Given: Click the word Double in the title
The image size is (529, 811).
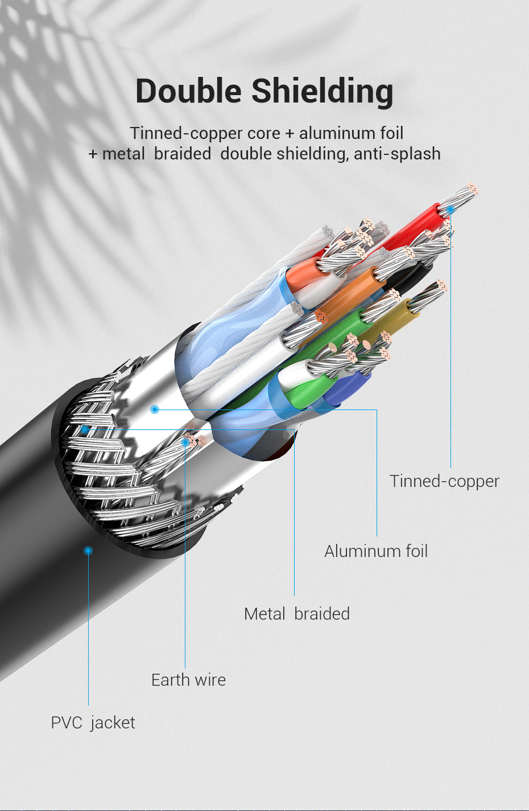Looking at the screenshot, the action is tap(188, 91).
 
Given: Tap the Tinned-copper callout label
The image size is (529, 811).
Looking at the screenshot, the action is tap(444, 482).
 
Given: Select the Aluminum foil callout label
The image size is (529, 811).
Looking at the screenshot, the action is tap(375, 551).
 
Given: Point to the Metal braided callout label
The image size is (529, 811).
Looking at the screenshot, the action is tap(297, 614).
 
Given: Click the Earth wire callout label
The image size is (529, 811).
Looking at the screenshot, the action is tap(188, 679).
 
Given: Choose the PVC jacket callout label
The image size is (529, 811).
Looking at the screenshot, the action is tap(93, 723).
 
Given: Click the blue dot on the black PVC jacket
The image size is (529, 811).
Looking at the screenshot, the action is tap(88, 551).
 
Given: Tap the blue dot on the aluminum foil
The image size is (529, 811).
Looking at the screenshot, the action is tap(155, 409).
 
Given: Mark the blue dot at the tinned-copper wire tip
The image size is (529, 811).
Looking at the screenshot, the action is tap(451, 209).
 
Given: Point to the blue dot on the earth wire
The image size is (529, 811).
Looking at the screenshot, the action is tap(185, 442).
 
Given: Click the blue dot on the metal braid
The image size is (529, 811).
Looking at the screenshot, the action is tap(85, 430).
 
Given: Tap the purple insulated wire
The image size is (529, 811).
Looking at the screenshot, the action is tap(347, 388).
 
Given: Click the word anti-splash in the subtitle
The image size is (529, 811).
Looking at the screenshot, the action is tap(397, 154).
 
